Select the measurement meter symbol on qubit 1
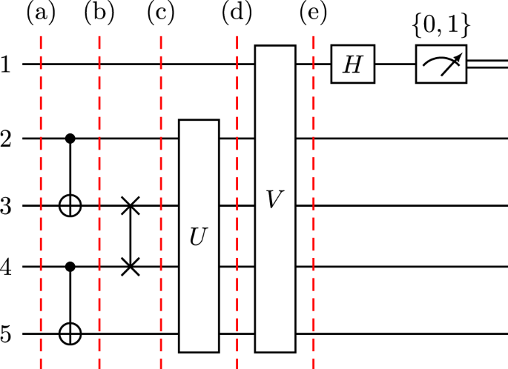click(x=441, y=64)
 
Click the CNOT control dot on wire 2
click(x=70, y=138)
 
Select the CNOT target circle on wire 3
click(x=70, y=206)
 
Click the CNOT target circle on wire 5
click(x=70, y=334)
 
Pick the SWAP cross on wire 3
click(x=131, y=206)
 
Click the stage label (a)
click(x=41, y=13)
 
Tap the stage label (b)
click(x=99, y=13)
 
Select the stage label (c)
click(x=161, y=13)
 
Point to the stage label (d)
click(x=237, y=13)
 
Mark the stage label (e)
click(x=312, y=13)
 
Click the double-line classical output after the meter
click(x=489, y=64)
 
